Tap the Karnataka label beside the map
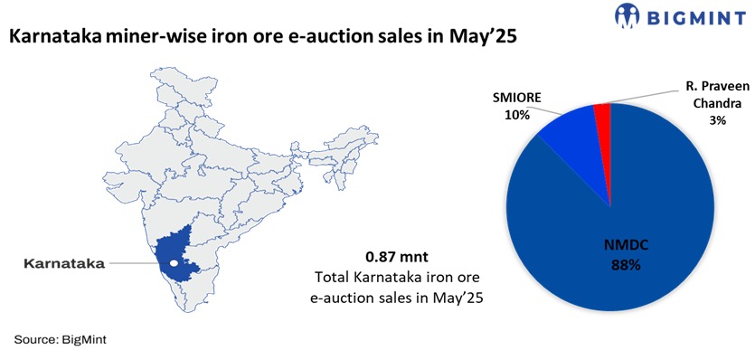[63, 263]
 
